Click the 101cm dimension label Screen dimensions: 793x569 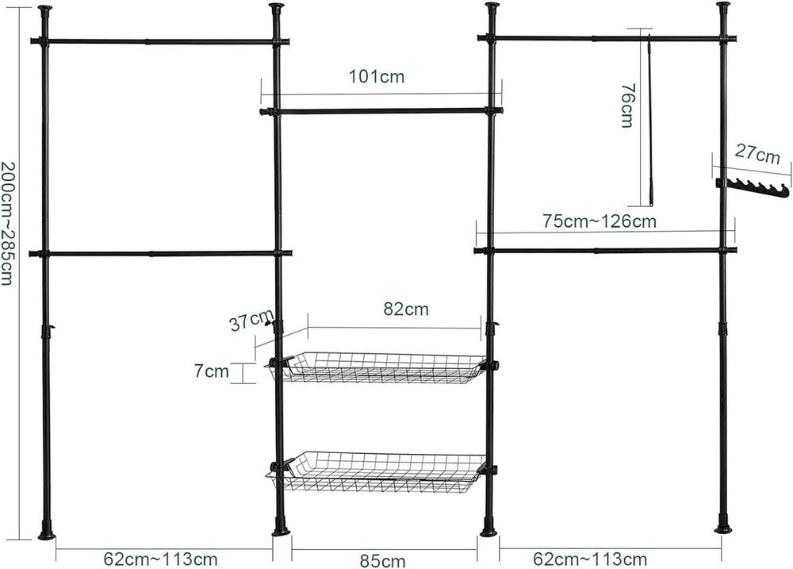coord(377,76)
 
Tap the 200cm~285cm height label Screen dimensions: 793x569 coord(7,223)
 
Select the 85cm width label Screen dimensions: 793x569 coord(383,560)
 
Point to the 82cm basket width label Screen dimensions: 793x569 coord(406,309)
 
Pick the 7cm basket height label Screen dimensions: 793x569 coord(212,371)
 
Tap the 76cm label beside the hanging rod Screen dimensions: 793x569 coord(627,106)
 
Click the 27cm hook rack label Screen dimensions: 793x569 coord(757,154)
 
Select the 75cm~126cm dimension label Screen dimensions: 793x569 coord(600,221)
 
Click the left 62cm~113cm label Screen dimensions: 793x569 coord(161,559)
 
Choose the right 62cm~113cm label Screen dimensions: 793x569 coord(590,559)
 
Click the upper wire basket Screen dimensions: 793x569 coord(377,367)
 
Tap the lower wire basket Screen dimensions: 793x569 coord(377,471)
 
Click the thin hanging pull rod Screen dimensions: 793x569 coord(651,120)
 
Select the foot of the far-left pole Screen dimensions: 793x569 coord(46,530)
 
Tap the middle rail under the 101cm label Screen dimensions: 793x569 coord(381,110)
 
